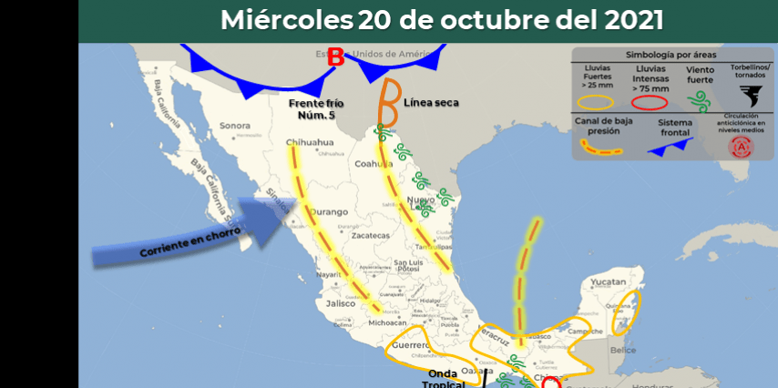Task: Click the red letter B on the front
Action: click(336, 57)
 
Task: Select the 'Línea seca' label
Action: click(431, 103)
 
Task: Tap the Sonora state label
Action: click(234, 126)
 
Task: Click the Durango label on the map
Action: click(329, 212)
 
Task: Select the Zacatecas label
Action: click(370, 235)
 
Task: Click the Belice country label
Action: click(623, 350)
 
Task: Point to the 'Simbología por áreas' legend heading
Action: click(671, 56)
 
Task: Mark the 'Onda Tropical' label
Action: click(444, 379)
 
